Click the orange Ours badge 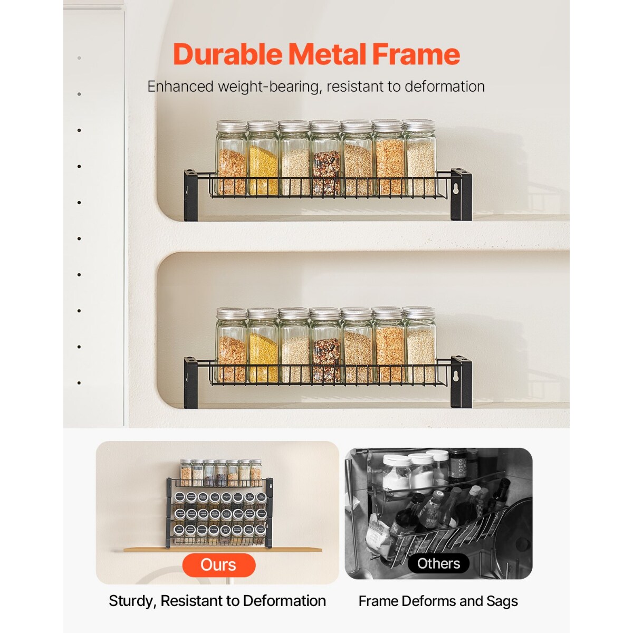pos(218,565)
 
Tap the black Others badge pos(438,564)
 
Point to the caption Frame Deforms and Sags pos(438,601)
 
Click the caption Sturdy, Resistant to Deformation pos(217,601)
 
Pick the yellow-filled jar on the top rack pos(263,158)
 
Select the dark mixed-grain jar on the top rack pos(326,158)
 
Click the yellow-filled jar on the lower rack pos(263,346)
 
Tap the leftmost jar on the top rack pos(232,158)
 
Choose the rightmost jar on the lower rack pos(420,346)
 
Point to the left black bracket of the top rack pos(190,195)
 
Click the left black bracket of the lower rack pos(190,382)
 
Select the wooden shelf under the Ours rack pos(222,550)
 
